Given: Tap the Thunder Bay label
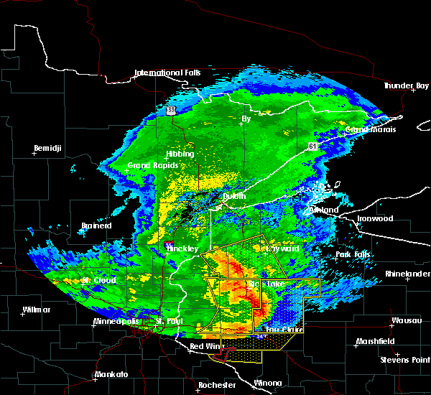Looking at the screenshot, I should coord(405,85).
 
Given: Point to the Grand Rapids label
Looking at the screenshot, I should coord(149,165).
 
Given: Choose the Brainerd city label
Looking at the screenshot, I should coord(96,226).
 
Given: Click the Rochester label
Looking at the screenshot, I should coord(217,385).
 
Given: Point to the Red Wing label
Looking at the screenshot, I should coord(207,347).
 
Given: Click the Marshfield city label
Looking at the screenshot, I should coord(376,342).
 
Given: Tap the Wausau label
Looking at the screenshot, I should coord(402,320).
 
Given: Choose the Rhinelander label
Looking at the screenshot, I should coord(406,274).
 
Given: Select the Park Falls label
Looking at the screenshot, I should coord(352,255).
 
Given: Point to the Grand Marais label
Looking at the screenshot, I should coord(368,130).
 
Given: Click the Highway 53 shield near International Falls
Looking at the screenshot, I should coord(171,110).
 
